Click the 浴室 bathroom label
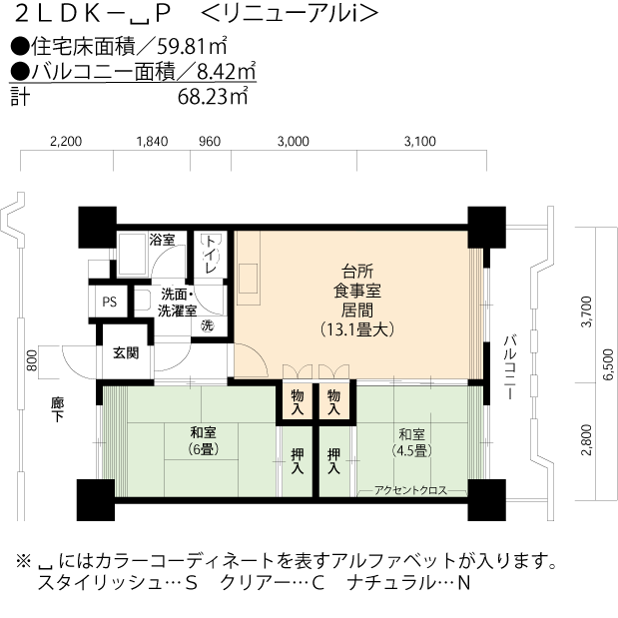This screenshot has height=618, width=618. click(162, 241)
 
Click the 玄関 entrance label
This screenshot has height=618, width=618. click(126, 352)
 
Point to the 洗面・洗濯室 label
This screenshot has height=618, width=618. click(176, 303)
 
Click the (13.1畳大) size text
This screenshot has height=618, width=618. click(357, 327)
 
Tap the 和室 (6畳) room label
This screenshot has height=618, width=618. click(204, 441)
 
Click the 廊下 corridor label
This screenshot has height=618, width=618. click(57, 410)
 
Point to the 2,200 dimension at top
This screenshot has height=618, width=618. click(64, 142)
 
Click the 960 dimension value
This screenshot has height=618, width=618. click(210, 142)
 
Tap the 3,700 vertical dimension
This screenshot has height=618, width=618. click(586, 311)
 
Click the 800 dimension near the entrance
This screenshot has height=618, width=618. click(32, 359)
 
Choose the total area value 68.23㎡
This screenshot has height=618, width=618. click(213, 97)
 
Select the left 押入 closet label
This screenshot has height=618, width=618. click(298, 460)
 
